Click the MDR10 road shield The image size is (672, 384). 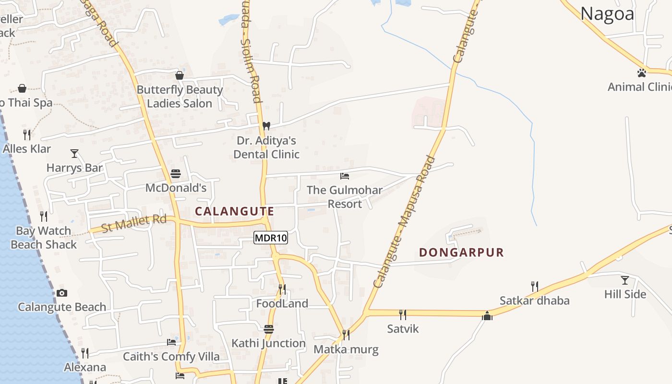pos(270,238)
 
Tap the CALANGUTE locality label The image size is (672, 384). pos(234,211)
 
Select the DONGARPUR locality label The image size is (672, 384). pos(461,252)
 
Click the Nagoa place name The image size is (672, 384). pos(607,14)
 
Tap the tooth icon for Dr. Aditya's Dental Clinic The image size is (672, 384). pos(266,126)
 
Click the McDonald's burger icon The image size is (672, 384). pos(176,173)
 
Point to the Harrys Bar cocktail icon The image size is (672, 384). pos(74,154)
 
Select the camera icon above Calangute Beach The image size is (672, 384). pos(62,293)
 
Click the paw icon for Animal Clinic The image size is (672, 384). pos(641,73)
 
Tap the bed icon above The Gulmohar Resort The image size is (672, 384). pos(344,176)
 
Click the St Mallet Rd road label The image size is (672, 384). pos(134,223)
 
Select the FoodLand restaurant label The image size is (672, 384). pos(282,303)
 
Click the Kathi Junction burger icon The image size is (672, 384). pos(269,329)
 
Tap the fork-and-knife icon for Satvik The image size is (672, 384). pos(403,314)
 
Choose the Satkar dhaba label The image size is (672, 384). pos(534,300)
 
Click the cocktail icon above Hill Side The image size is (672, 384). pos(624,280)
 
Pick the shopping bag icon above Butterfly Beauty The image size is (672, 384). pos(180,75)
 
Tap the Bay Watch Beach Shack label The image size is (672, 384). pos(44,238)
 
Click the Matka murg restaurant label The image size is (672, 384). pos(346,349)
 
